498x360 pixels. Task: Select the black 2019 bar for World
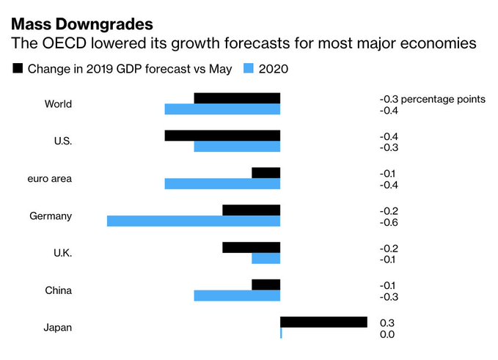coord(237,98)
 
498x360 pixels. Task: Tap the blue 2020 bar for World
coord(222,109)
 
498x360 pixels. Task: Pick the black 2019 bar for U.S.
coord(222,136)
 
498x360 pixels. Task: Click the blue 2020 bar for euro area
coord(222,184)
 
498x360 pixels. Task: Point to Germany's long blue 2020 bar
coord(194,221)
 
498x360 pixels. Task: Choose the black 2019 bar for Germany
coord(252,210)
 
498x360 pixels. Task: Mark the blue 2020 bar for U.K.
coord(266,259)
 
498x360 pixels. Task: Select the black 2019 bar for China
coord(266,284)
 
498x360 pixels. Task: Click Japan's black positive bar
coord(323,322)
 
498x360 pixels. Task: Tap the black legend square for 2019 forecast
coord(17,69)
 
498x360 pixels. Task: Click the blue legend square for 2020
coord(248,69)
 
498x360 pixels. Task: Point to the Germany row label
coord(51,216)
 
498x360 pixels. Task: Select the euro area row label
coord(48,178)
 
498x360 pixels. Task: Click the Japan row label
coord(57,328)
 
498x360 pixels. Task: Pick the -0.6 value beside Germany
coord(388,222)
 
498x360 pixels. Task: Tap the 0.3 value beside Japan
coord(387,323)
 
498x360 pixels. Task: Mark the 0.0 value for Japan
coord(387,334)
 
